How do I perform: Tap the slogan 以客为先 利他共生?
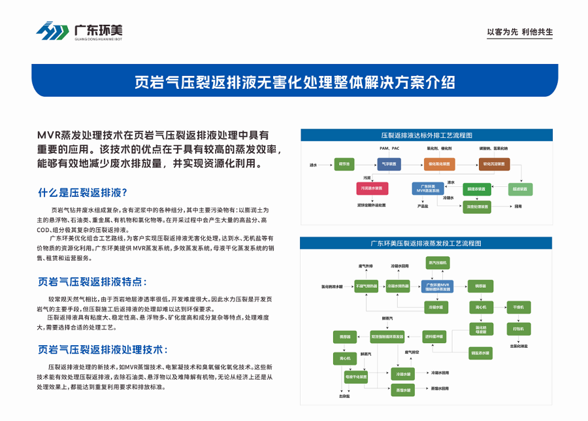click(x=520, y=32)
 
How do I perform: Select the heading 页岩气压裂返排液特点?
click(x=93, y=281)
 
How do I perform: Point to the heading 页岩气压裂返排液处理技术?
click(x=103, y=350)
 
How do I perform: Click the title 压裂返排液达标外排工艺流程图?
click(x=426, y=135)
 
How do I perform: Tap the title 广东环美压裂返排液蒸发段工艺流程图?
click(x=426, y=243)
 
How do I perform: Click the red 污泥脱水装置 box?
click(x=372, y=189)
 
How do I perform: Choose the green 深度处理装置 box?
click(x=476, y=207)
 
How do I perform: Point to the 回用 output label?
click(x=518, y=207)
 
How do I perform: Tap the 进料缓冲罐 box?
click(x=433, y=336)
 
